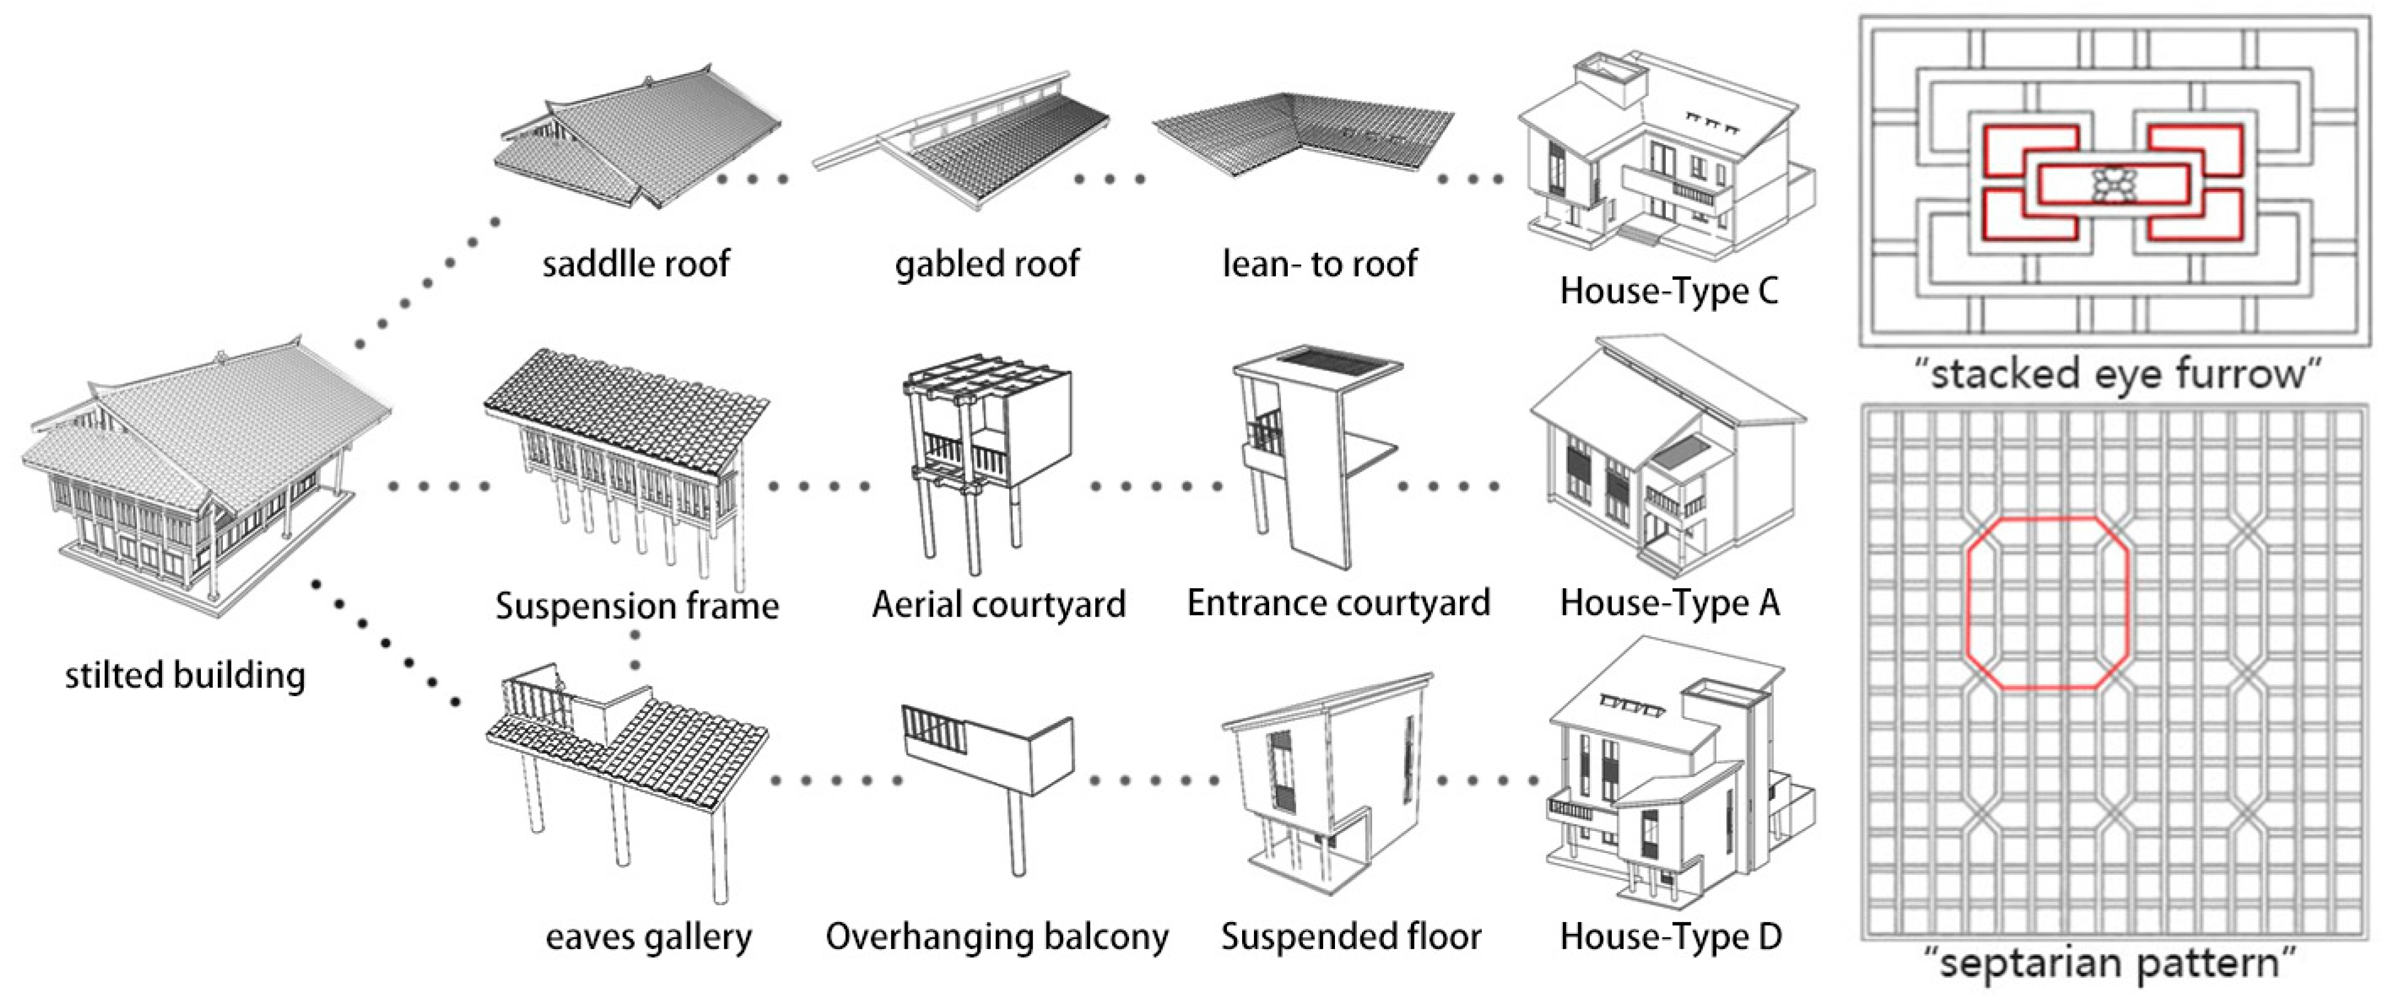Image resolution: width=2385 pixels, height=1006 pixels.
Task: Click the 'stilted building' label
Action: [185, 675]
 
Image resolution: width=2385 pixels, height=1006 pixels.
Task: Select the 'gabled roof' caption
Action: [987, 264]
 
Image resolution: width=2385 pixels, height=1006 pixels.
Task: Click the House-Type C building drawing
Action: [1662, 157]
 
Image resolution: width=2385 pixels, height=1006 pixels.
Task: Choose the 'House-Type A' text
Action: [1669, 603]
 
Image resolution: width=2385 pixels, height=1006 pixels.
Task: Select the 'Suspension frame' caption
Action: [637, 606]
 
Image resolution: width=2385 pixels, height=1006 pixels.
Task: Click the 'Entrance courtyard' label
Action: [1339, 603]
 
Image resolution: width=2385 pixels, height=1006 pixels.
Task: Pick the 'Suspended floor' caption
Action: [1351, 936]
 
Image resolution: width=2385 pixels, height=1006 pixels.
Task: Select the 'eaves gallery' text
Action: [648, 936]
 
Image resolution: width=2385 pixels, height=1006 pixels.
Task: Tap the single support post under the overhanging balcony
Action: [1017, 833]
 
